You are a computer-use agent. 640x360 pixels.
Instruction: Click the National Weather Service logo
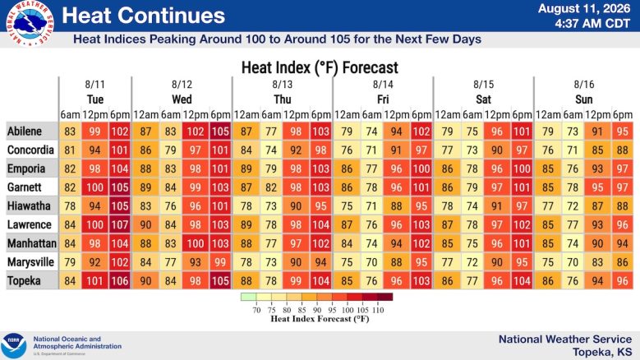30,23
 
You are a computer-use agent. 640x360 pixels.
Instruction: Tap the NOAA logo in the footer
13,346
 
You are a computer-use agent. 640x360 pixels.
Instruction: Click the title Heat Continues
143,16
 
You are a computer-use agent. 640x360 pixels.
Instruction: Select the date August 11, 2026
584,8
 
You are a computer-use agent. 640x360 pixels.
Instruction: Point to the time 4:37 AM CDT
592,23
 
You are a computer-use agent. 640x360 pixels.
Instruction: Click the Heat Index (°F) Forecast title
320,67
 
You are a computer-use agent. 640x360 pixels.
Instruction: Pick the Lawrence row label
30,224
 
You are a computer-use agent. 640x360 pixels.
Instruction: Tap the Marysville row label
30,262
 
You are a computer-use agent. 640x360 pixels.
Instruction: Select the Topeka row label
24,281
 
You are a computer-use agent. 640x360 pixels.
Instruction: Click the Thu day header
283,99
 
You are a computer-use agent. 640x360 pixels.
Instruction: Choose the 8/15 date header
483,85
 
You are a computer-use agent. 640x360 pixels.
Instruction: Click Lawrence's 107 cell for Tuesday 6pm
120,224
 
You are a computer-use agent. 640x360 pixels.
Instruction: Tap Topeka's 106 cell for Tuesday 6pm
120,281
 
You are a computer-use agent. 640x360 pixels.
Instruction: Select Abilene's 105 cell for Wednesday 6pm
220,132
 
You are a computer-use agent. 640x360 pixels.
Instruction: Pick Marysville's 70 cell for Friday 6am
371,262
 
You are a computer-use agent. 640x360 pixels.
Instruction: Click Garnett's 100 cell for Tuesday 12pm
94,187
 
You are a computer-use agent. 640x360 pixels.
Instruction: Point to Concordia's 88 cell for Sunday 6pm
623,150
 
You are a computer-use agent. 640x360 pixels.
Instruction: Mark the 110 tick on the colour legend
378,310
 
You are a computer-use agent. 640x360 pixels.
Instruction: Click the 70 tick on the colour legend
256,310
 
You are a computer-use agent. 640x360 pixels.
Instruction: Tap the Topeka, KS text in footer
602,352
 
